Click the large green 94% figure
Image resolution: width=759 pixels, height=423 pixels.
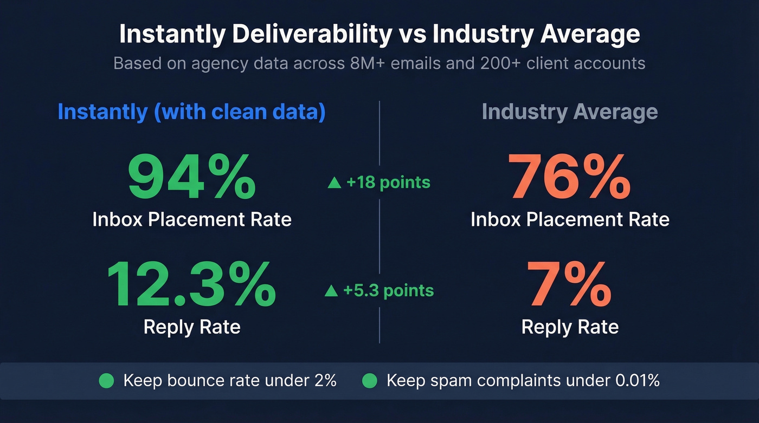point(191,177)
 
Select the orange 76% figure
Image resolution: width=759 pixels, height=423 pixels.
point(569,177)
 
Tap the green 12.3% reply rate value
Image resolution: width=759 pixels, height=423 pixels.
point(191,285)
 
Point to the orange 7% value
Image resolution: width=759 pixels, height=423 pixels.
point(569,285)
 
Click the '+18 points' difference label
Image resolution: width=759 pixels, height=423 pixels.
point(388,183)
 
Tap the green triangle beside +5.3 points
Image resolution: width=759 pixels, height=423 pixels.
point(331,291)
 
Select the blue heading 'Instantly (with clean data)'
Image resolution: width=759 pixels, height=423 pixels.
point(191,112)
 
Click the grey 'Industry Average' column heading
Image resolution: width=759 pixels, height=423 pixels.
point(569,112)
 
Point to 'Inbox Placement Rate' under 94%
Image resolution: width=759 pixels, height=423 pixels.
point(191,219)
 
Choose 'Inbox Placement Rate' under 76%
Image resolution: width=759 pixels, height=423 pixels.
point(569,219)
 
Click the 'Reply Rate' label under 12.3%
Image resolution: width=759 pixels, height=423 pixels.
point(191,327)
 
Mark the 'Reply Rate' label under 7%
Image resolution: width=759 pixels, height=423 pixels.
point(569,327)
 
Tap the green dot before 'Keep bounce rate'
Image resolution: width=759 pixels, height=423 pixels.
point(107,381)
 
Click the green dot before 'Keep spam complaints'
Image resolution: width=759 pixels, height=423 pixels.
point(369,381)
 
